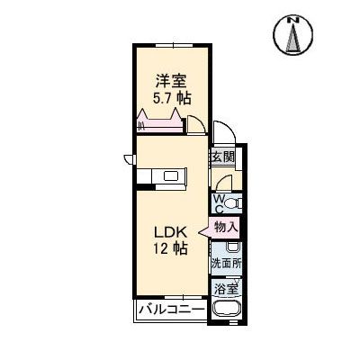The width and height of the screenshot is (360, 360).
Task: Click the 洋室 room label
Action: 171,80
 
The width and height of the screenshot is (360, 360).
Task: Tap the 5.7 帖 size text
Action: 171,98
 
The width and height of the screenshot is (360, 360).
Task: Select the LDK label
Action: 168,229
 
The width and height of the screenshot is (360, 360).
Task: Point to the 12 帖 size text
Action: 168,247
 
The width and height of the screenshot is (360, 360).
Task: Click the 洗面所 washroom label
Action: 226,265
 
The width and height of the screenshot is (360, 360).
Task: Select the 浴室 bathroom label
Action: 226,289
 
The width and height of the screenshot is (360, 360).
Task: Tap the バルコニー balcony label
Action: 171,311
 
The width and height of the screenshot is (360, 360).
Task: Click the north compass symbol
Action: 292,36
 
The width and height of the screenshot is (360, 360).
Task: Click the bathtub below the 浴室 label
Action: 226,311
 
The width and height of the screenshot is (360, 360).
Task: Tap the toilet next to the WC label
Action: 231,202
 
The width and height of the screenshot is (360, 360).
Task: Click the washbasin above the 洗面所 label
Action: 232,246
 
